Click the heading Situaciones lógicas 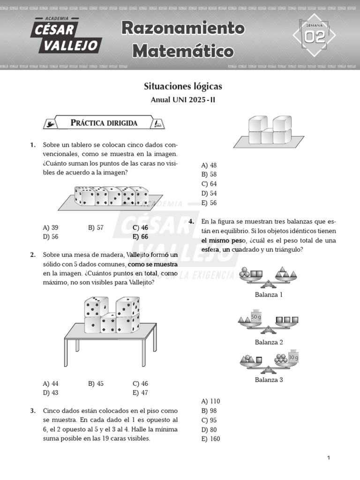coord(183,86)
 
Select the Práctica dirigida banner coord(104,123)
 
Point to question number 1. coord(33,145)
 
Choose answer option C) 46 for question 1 coord(140,228)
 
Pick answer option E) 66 coord(140,237)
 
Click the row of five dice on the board coord(111,196)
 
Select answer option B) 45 coord(96,383)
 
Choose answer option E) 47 coord(140,393)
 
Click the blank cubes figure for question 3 coord(266,131)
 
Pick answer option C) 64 coord(209,184)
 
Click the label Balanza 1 coord(269,295)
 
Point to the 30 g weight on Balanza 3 coord(293,357)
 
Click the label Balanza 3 coord(269,380)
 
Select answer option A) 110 coord(210,401)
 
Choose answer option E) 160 coord(210,439)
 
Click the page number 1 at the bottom coord(329,458)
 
